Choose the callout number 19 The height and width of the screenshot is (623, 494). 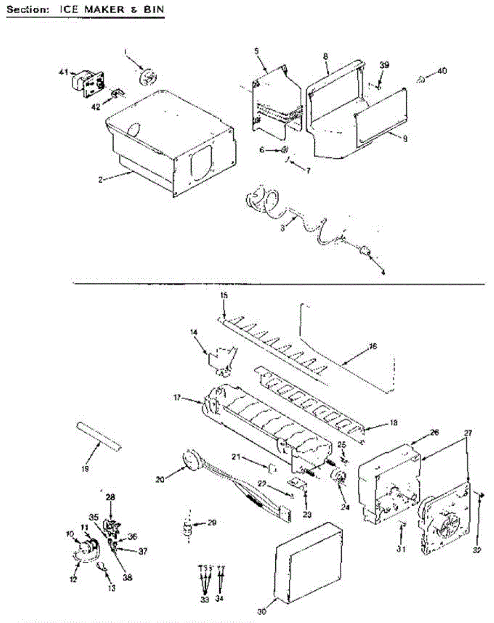pos(85,469)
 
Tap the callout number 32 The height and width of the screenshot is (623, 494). pos(478,550)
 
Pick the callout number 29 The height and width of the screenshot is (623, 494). pos(212,523)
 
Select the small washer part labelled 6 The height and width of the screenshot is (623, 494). pos(285,151)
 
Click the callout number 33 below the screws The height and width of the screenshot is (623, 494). pos(204,600)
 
